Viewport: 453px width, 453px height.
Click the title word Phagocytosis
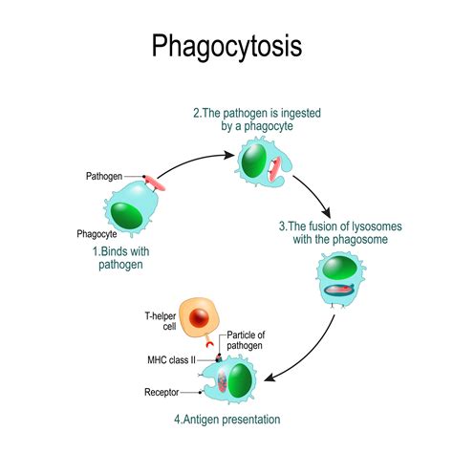coord(226,45)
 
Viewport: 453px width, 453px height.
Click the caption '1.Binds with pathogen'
coord(122,258)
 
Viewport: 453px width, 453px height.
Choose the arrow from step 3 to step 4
coord(315,353)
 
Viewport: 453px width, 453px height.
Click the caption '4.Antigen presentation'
coord(226,419)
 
